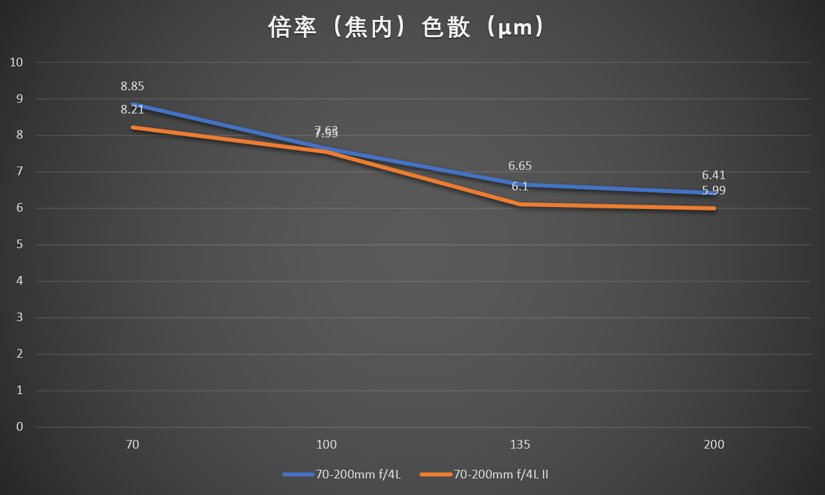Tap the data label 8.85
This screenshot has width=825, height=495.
pyautogui.click(x=132, y=86)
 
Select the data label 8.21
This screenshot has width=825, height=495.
pyautogui.click(x=132, y=109)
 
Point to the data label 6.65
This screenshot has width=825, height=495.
pyautogui.click(x=520, y=166)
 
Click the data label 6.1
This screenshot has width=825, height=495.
pyautogui.click(x=520, y=187)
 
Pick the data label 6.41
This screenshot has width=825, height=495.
pyautogui.click(x=713, y=176)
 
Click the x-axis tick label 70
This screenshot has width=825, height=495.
pyautogui.click(x=132, y=445)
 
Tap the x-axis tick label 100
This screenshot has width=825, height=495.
pyautogui.click(x=327, y=445)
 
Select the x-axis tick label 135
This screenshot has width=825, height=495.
pyautogui.click(x=520, y=445)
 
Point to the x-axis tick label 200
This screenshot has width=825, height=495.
pyautogui.click(x=714, y=445)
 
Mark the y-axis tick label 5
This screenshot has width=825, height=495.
pyautogui.click(x=20, y=245)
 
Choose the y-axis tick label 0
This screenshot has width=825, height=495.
pyautogui.click(x=20, y=427)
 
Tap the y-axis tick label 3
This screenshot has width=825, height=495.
pyautogui.click(x=20, y=317)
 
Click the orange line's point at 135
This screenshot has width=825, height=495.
pyautogui.click(x=520, y=204)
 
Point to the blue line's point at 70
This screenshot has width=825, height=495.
pyautogui.click(x=133, y=104)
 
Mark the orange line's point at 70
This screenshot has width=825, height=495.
pyautogui.click(x=133, y=127)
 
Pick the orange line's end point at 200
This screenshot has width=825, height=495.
pyautogui.click(x=714, y=208)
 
